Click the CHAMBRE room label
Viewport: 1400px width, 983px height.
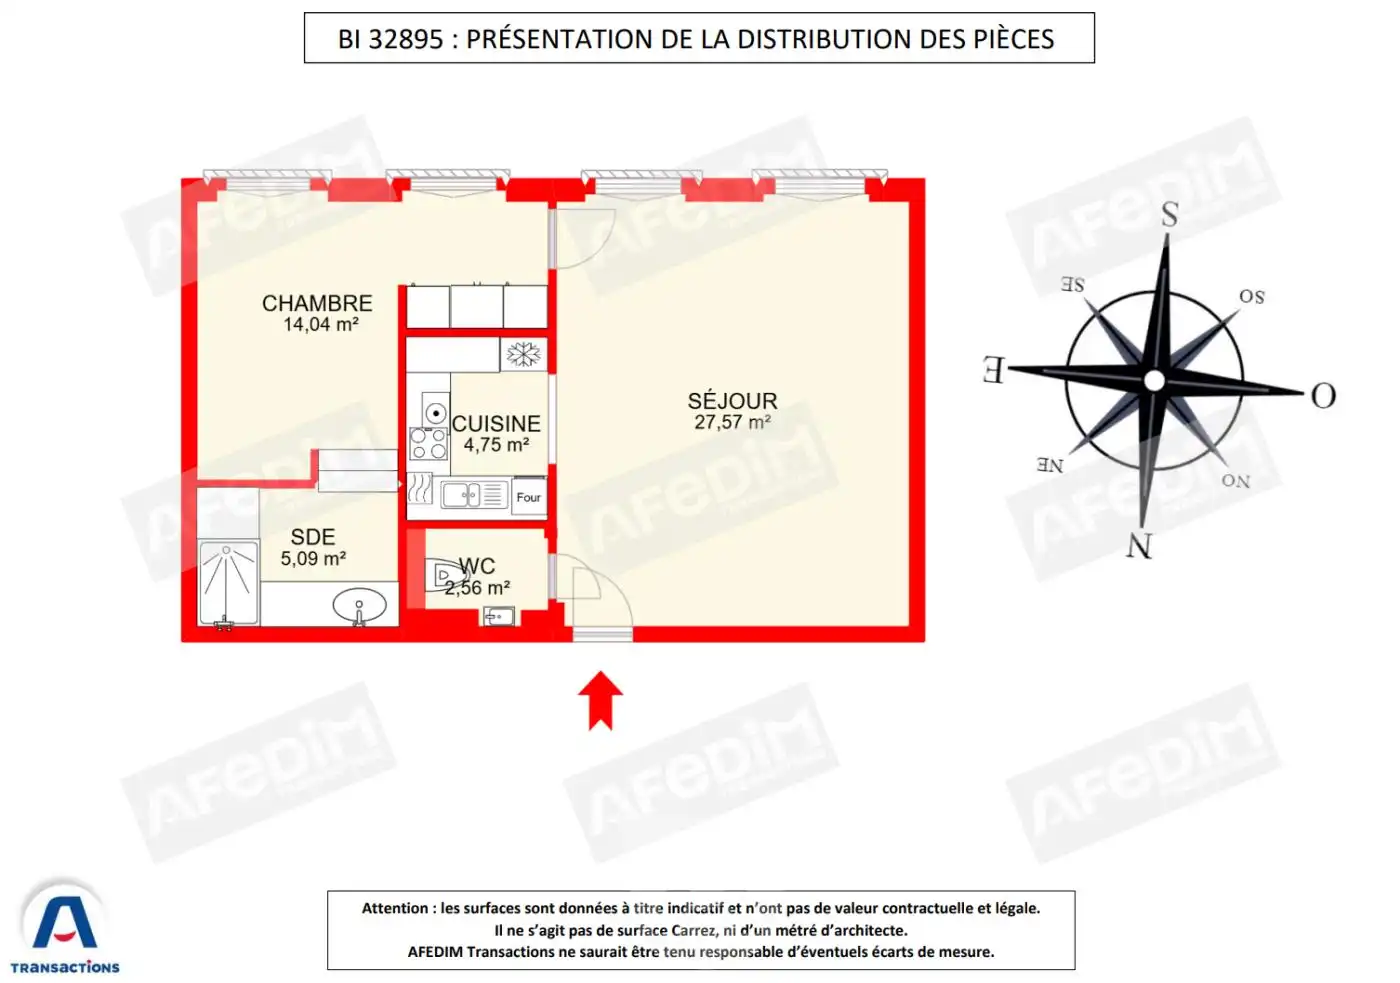[x=317, y=304]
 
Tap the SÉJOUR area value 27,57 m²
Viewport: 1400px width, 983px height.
[x=732, y=422]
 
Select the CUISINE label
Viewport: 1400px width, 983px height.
[x=496, y=424]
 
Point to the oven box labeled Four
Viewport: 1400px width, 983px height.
[x=529, y=497]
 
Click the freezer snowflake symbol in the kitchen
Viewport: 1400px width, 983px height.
[x=523, y=354]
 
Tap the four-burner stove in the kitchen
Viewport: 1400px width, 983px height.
[x=429, y=443]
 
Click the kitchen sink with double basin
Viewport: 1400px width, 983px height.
[x=475, y=496]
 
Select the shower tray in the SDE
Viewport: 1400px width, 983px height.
[x=228, y=582]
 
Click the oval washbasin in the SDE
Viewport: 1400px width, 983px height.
[x=359, y=605]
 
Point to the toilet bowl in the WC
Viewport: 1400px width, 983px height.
[x=446, y=575]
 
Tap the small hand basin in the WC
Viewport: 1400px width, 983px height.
[x=499, y=617]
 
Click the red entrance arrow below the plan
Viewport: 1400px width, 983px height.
[x=600, y=701]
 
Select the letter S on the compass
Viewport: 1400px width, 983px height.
[x=1170, y=214]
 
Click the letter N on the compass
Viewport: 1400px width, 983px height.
[x=1139, y=546]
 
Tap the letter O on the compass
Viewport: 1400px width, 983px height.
[x=1323, y=396]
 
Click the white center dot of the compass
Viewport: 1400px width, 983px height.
[x=1154, y=380]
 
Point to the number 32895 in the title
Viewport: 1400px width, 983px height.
[x=406, y=39]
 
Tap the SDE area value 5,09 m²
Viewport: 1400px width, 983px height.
[x=313, y=559]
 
